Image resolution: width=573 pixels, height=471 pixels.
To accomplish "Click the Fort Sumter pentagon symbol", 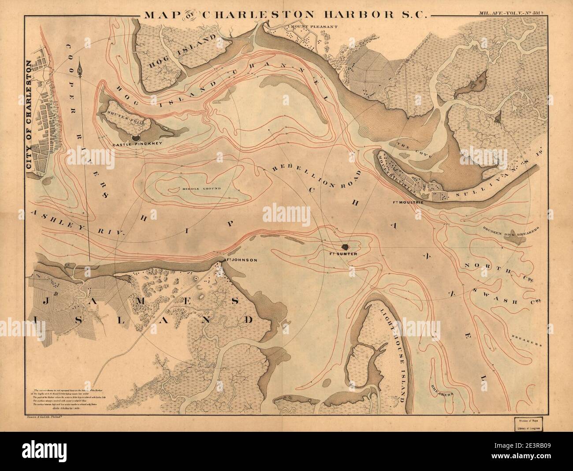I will coord(345,248).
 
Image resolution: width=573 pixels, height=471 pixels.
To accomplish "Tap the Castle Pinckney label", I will coord(132,144).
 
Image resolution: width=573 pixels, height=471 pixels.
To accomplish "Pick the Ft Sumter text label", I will coord(346,254).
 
